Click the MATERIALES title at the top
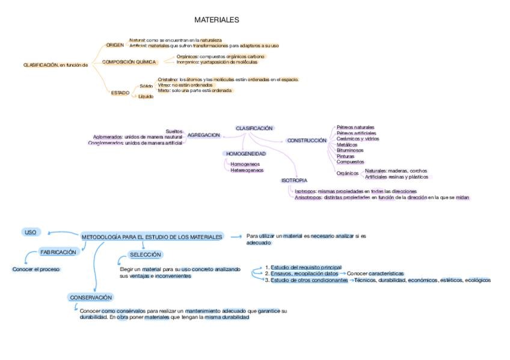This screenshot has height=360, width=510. point(217,20)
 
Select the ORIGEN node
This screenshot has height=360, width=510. point(115,45)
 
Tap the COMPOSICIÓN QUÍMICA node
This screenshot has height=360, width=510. point(129,62)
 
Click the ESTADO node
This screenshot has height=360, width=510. point(120,93)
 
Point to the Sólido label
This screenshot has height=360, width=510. point(146,86)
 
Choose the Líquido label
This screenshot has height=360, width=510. point(146,96)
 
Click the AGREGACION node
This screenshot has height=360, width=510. point(204,135)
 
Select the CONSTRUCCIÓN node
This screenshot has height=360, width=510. point(307,140)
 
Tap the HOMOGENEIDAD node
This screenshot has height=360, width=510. point(246,154)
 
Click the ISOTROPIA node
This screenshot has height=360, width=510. point(295,180)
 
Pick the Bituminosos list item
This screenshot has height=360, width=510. point(350,150)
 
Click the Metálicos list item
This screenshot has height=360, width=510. point(347,144)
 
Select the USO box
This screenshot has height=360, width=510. point(30,232)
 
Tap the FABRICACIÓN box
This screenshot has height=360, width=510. point(58,252)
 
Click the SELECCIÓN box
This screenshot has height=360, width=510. point(145,255)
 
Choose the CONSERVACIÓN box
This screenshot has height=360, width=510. point(91,297)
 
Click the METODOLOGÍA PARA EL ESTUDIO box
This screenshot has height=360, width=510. point(152,237)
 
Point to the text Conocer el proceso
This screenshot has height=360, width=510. point(36,269)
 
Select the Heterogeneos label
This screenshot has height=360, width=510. point(247,170)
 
